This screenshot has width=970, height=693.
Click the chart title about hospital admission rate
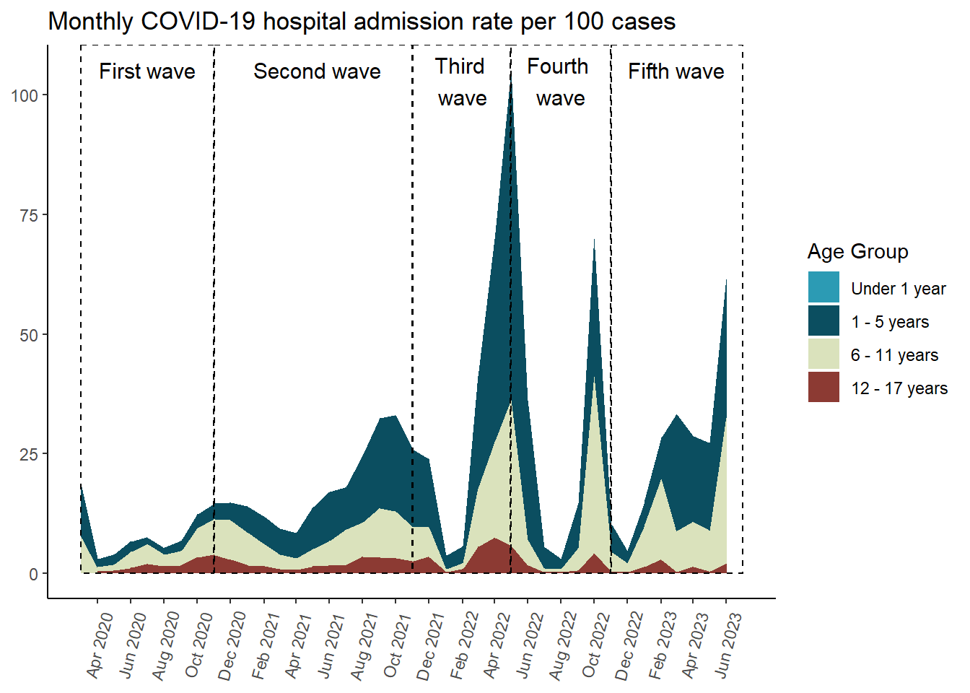[362, 22]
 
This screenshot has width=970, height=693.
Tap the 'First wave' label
[147, 71]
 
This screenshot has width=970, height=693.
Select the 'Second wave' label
[317, 71]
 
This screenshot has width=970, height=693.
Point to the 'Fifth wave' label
[676, 71]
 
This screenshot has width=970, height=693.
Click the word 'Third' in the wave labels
[460, 66]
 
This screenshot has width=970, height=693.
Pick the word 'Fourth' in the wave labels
[557, 66]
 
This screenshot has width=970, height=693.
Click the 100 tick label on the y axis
[25, 95]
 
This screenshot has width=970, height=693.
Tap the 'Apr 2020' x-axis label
[100, 645]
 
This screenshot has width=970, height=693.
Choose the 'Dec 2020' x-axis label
[232, 645]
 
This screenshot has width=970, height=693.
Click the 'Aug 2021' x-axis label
[364, 645]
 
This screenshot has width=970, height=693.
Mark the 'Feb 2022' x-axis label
[463, 645]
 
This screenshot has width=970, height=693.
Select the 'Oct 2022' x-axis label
[595, 645]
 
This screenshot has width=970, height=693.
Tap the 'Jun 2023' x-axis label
[727, 645]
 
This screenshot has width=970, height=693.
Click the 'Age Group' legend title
[857, 252]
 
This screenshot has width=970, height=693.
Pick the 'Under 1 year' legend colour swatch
[823, 287]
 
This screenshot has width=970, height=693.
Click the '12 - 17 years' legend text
[899, 388]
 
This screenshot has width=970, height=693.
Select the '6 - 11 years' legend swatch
[823, 354]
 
